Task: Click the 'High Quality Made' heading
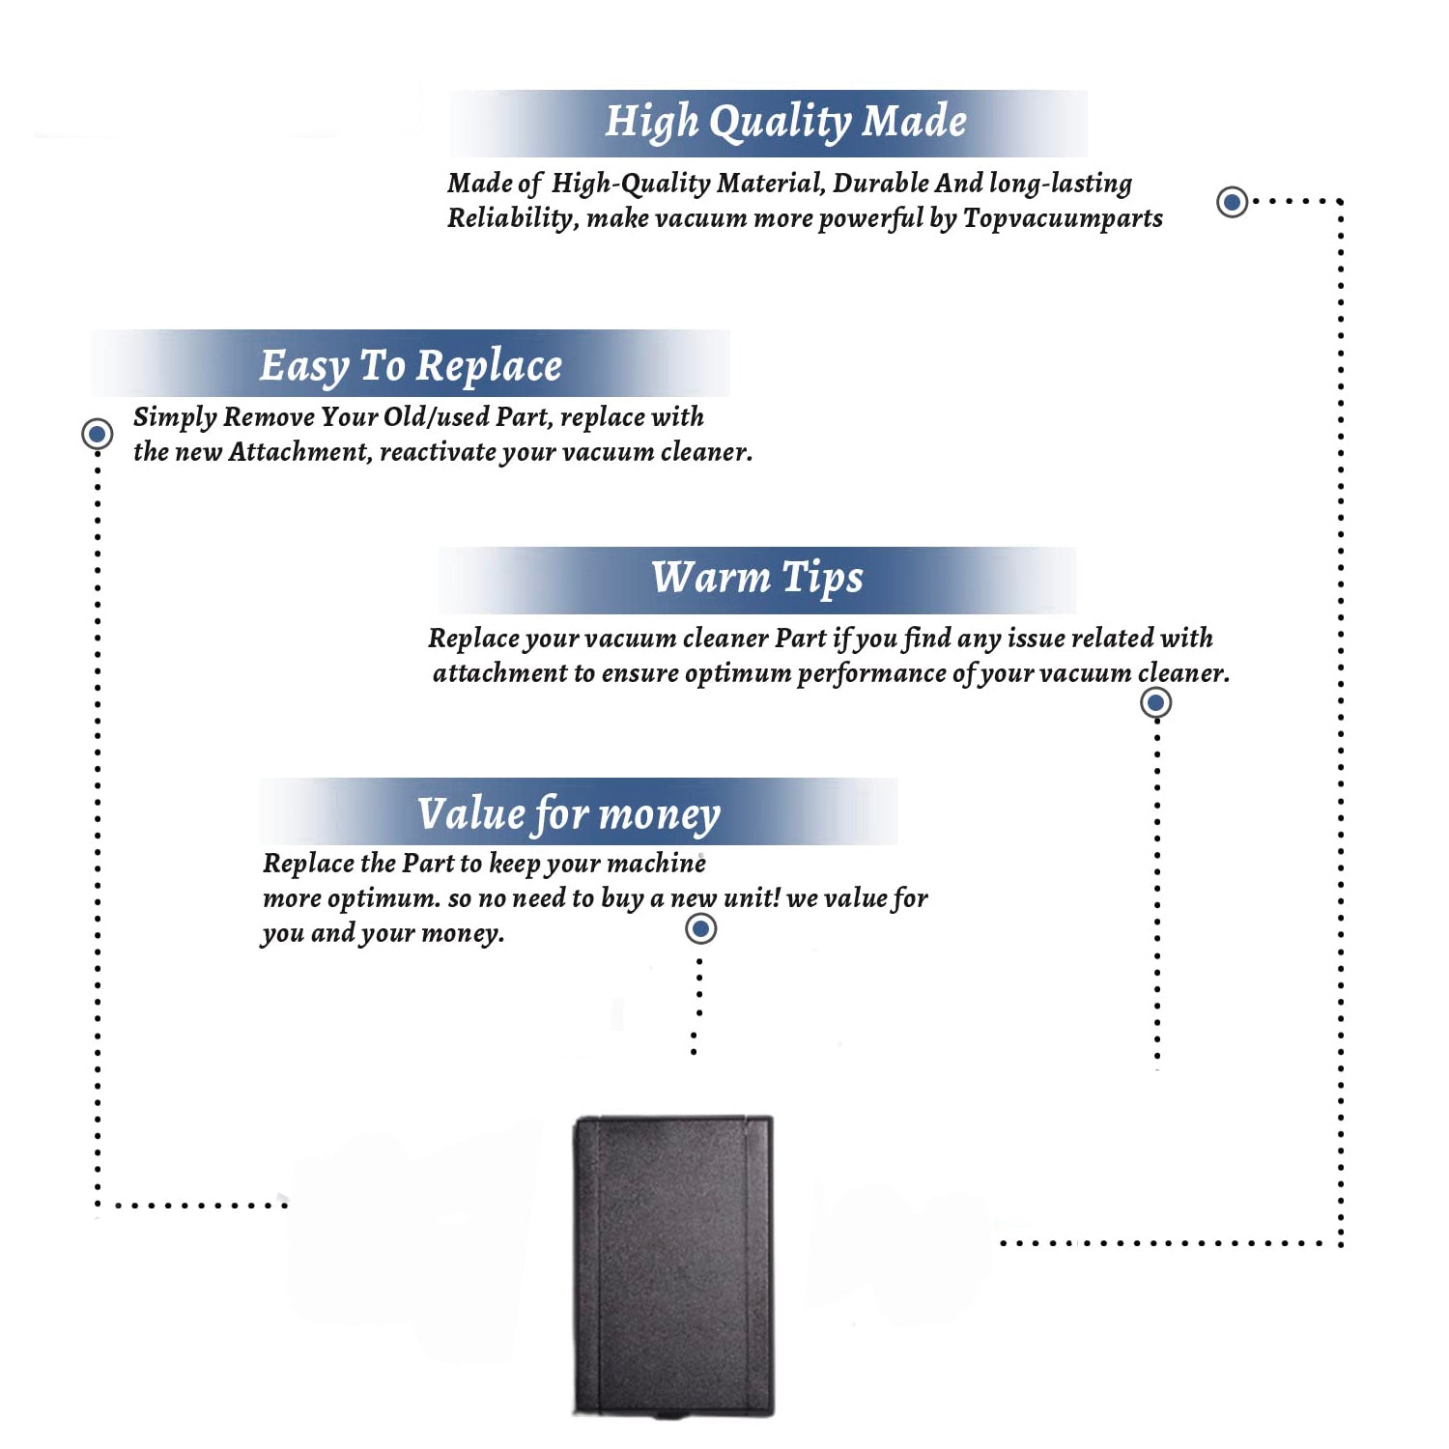(785, 123)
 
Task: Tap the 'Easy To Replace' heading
(411, 366)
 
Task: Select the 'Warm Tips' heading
(756, 578)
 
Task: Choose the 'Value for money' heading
(568, 813)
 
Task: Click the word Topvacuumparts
(1063, 218)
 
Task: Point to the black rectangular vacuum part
(674, 1265)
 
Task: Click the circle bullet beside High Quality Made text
(1232, 202)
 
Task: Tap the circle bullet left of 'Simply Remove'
(97, 434)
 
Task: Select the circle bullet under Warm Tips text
(1155, 702)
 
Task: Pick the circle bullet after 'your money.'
(700, 929)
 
